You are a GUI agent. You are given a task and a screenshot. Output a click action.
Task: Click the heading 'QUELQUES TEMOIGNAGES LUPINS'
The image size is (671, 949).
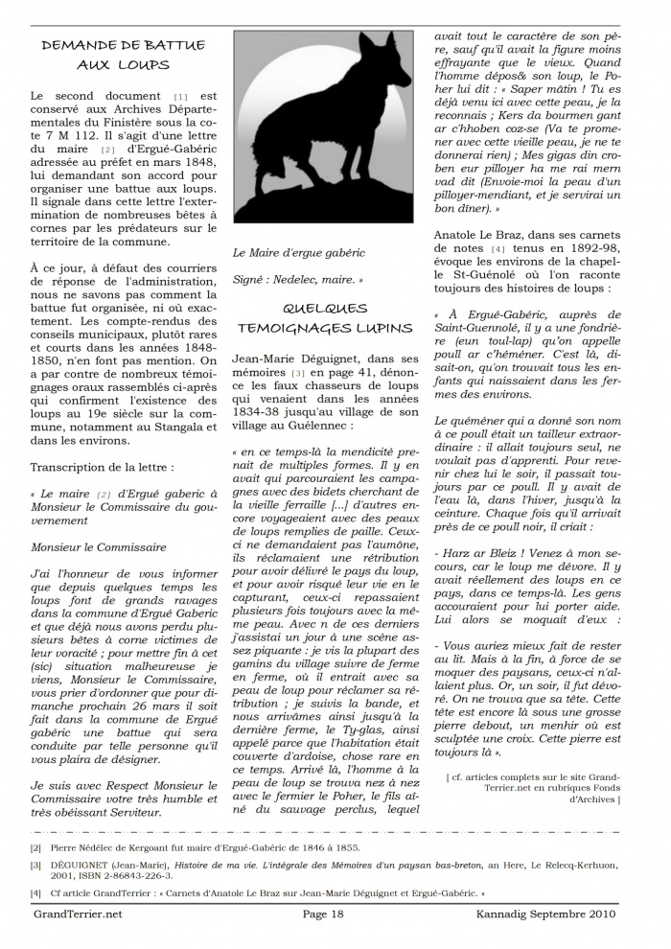click(x=325, y=317)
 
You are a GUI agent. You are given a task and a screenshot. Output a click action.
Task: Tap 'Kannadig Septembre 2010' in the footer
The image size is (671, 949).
click(x=558, y=914)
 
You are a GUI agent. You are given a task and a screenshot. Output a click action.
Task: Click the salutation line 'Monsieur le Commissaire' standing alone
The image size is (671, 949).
click(x=98, y=547)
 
